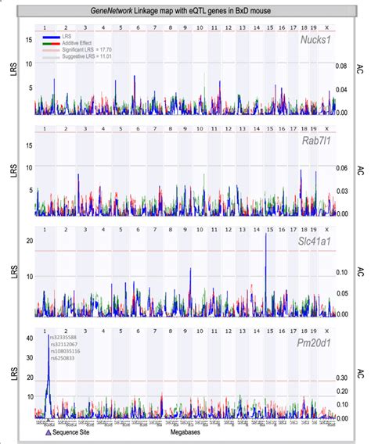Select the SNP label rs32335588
pyautogui.click(x=64, y=337)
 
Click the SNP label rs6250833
pyautogui.click(x=64, y=358)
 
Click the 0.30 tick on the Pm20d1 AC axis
pyautogui.click(x=343, y=378)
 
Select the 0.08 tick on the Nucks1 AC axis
pyautogui.click(x=343, y=66)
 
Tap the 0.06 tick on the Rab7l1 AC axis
pyautogui.click(x=343, y=168)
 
